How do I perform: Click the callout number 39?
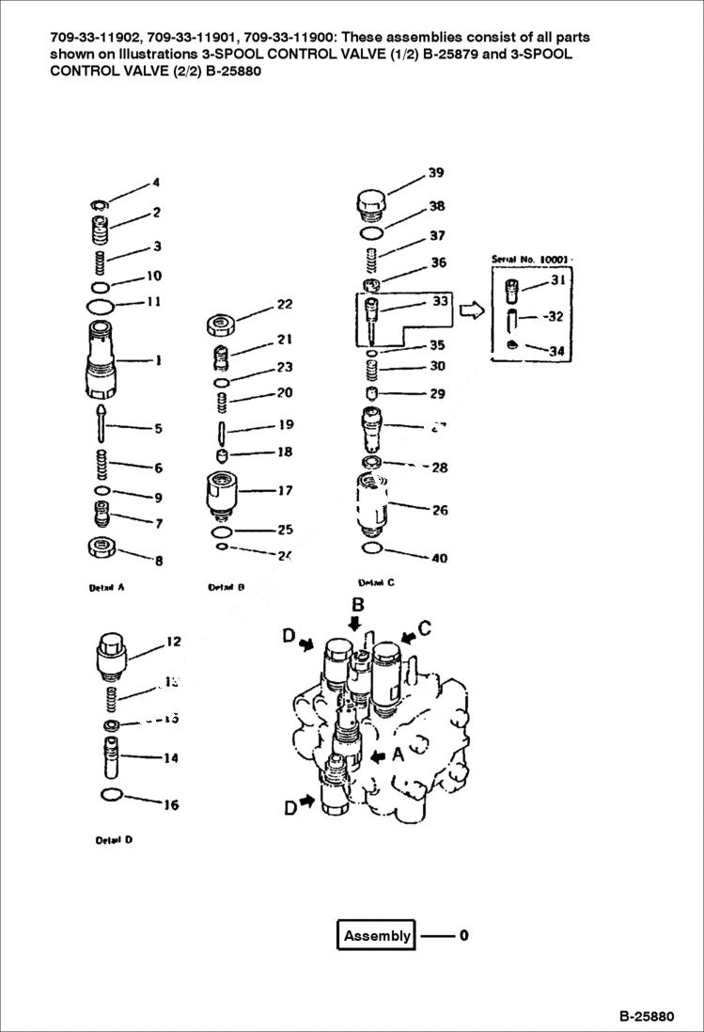tap(436, 173)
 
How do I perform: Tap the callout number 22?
tap(284, 305)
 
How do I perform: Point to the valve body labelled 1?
tap(103, 360)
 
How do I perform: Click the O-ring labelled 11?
tap(100, 306)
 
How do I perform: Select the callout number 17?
tap(285, 491)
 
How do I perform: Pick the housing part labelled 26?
tap(373, 500)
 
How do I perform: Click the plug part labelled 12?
tap(111, 655)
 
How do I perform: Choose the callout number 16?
tap(171, 805)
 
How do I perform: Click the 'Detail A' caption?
tap(106, 588)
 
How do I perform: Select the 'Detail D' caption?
tap(114, 840)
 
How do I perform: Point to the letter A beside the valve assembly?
tap(399, 754)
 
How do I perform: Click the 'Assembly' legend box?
tap(376, 935)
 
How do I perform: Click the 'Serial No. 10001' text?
tap(531, 258)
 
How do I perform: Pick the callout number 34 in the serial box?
tap(556, 352)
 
